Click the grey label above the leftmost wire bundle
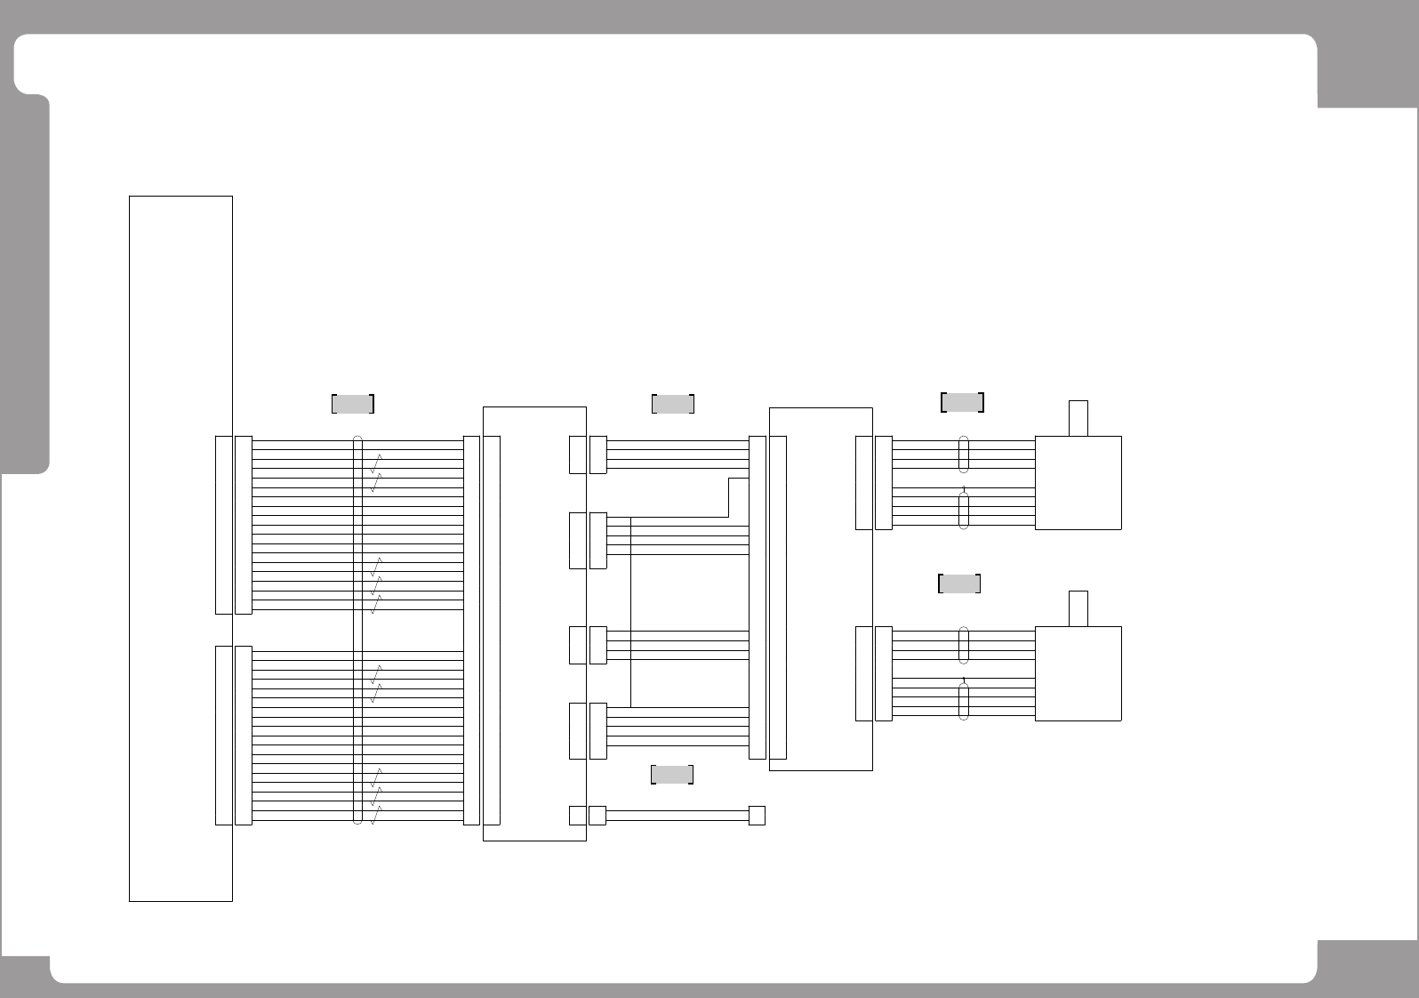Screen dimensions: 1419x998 352,404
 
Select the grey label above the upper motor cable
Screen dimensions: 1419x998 962,402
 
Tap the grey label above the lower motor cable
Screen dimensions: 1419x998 959,584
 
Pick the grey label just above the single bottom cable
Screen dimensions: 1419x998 672,775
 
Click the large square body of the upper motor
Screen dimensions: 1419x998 1078,483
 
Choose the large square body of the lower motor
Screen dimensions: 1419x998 1078,673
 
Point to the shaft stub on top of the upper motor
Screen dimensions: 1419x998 1078,418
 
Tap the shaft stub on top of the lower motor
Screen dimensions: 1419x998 1078,608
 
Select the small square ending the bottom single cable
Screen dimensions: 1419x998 757,816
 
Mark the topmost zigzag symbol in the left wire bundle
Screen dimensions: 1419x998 376,463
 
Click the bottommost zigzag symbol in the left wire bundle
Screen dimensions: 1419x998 376,815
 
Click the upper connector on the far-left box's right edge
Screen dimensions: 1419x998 224,525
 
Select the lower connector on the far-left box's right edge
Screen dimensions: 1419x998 224,736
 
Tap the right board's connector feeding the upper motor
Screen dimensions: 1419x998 863,483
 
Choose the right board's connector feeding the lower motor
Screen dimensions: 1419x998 863,673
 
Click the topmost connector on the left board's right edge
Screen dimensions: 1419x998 577,455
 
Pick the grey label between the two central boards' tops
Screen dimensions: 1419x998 672,404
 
